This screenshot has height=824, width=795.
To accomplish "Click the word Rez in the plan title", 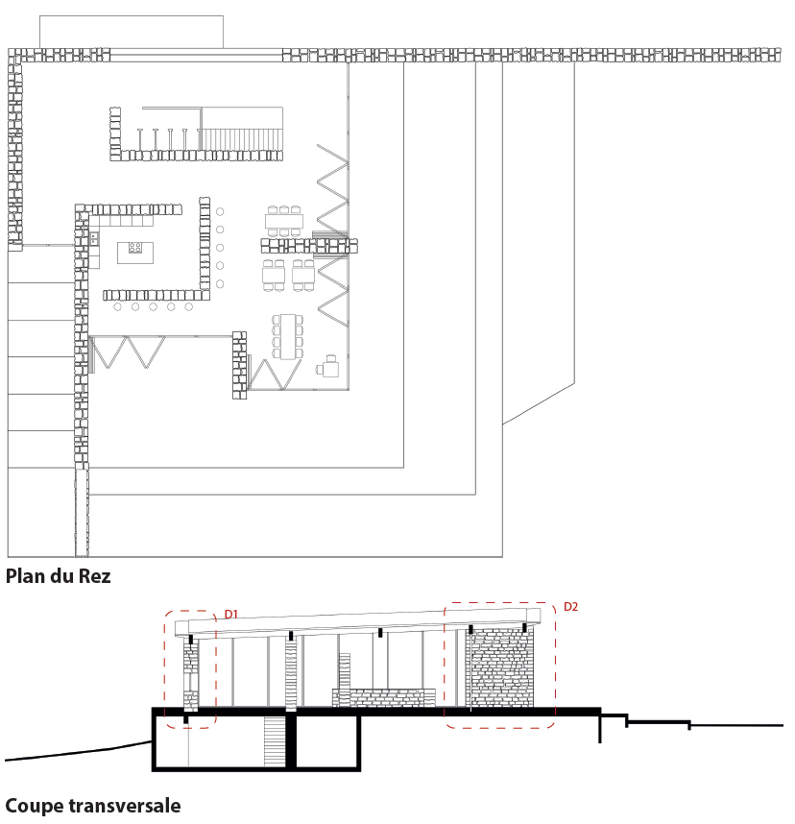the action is tap(95, 576).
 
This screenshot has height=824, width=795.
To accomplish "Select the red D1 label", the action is tap(231, 614).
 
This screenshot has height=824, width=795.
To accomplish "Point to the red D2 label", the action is tap(570, 606).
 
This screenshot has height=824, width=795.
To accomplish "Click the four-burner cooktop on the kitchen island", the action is tap(135, 248).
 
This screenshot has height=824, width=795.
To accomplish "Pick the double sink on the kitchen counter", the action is tap(94, 238).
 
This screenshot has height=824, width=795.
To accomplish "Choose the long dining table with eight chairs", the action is tap(288, 336).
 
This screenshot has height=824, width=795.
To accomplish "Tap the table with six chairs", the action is tap(284, 221).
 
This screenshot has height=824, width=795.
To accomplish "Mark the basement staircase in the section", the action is tap(275, 741).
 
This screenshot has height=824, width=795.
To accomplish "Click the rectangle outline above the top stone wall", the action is tap(132, 32).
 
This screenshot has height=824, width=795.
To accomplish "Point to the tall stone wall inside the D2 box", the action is tap(499, 666).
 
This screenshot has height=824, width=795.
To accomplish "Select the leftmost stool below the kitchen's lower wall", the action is tap(118, 307).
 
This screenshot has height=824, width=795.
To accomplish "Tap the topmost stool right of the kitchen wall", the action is tap(220, 212).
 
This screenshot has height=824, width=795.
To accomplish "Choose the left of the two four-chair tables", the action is tap(274, 276).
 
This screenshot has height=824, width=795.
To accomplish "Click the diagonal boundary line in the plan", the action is tap(539, 403).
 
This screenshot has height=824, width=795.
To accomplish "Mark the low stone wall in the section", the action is tap(384, 698).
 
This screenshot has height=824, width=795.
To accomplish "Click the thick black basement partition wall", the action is tap(291, 741).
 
